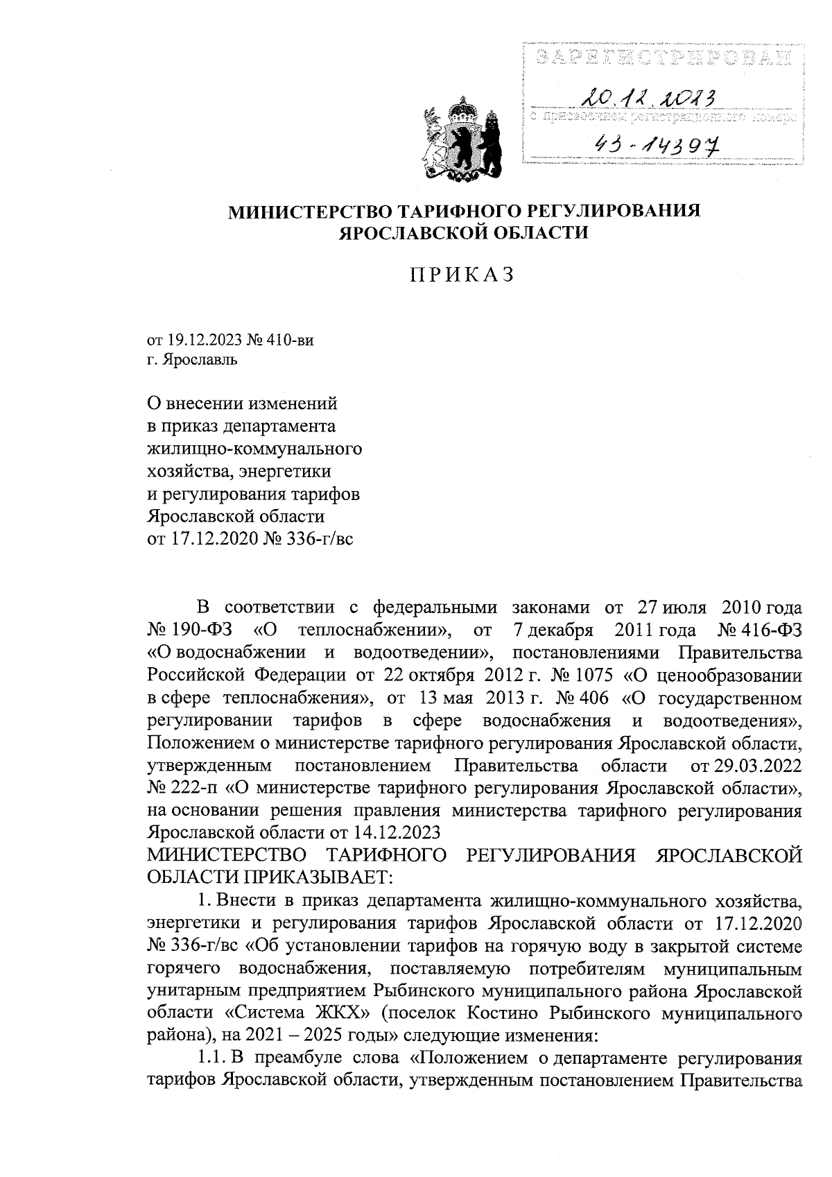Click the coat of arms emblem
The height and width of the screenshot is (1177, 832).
pos(462,141)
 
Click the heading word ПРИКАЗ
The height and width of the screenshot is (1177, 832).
pos(462,275)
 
